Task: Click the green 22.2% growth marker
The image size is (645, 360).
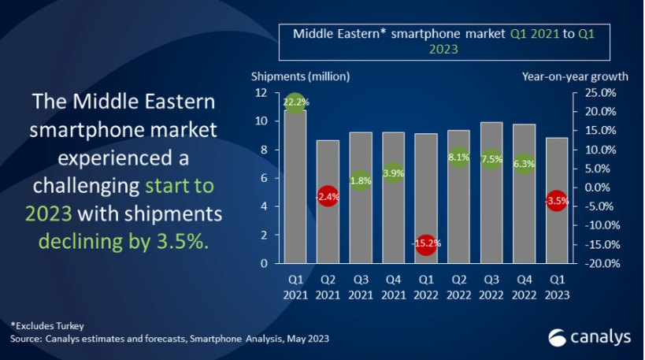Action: point(295,102)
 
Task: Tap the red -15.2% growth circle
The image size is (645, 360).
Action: point(426,243)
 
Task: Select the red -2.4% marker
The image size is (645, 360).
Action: point(328,197)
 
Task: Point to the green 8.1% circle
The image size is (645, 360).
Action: point(458,158)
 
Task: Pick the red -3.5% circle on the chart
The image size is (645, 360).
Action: point(557,201)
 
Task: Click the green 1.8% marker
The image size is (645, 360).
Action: point(361,180)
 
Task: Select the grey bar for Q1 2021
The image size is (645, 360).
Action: point(295,187)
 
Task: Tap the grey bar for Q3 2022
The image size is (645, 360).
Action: point(491,192)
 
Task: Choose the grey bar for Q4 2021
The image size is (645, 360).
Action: point(393,198)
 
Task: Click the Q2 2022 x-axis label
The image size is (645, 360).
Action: point(458,288)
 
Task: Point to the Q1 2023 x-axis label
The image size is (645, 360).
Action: point(557,288)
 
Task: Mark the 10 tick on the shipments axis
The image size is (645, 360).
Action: point(261,121)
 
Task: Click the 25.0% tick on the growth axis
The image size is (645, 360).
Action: point(601,93)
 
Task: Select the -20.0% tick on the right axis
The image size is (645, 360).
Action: point(602,263)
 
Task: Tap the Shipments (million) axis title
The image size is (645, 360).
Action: point(300,76)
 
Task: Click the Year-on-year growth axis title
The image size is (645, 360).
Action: point(575,76)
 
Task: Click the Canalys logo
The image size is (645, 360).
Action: point(589,337)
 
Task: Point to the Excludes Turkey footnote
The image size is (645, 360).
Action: point(47,326)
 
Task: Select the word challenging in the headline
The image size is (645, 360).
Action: point(86,186)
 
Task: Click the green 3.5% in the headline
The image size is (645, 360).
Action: point(182,241)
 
